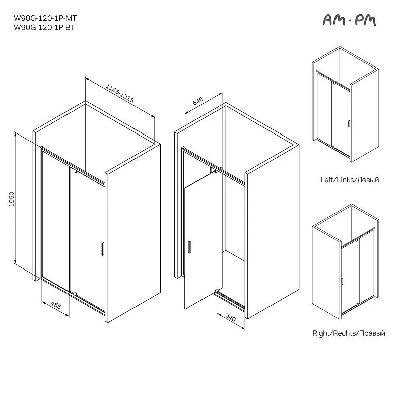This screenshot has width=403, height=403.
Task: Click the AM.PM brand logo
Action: pos(349,20)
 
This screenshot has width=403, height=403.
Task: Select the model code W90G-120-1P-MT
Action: pos(45,18)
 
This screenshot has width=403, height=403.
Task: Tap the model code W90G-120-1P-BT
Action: pos(44,27)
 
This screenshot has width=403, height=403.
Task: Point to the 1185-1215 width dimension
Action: pos(120,93)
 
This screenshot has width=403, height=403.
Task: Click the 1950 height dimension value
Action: pos(12,199)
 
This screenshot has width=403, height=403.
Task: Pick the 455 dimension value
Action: pos(56,305)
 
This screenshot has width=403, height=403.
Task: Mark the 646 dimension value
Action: pos(198,101)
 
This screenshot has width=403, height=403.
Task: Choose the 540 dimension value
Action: pos(230,318)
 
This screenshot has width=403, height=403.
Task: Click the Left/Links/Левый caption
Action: pos(350,180)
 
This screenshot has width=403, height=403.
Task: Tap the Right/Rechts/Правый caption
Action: pos(349,333)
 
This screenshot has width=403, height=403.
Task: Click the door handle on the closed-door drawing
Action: pos(103,249)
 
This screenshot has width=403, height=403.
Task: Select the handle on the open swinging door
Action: pos(189,247)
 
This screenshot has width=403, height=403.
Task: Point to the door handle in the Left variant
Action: pos(349,123)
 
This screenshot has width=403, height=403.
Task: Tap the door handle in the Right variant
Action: pos(342,281)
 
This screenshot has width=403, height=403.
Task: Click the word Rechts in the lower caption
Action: pos(344,333)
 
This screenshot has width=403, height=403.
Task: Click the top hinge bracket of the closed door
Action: pos(75,171)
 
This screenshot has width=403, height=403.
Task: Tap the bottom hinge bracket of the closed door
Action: pos(75,293)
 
